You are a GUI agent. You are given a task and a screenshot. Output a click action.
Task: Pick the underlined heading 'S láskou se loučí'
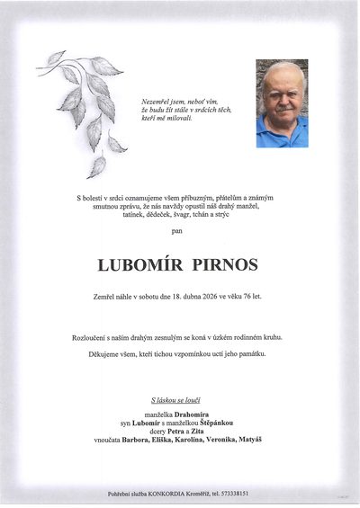pyautogui.click(x=179, y=398)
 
